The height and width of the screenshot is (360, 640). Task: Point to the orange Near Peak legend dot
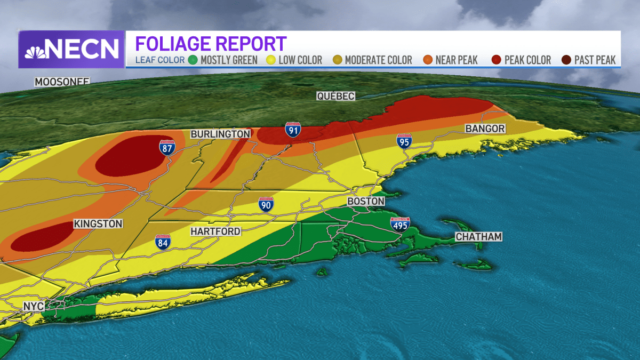427,60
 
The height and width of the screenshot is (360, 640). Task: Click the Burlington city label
220,134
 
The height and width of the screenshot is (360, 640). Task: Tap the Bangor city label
485,129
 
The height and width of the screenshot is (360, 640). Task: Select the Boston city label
365,202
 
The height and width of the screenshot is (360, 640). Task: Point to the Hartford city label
216,231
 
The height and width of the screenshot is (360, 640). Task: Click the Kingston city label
98,224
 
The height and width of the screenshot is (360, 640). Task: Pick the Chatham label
478,237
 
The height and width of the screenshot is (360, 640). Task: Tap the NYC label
33,307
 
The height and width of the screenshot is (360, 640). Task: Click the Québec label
335,96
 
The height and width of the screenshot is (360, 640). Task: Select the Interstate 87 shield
167,147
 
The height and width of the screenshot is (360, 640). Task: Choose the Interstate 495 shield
400,225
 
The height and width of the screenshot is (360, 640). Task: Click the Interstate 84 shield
163,242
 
